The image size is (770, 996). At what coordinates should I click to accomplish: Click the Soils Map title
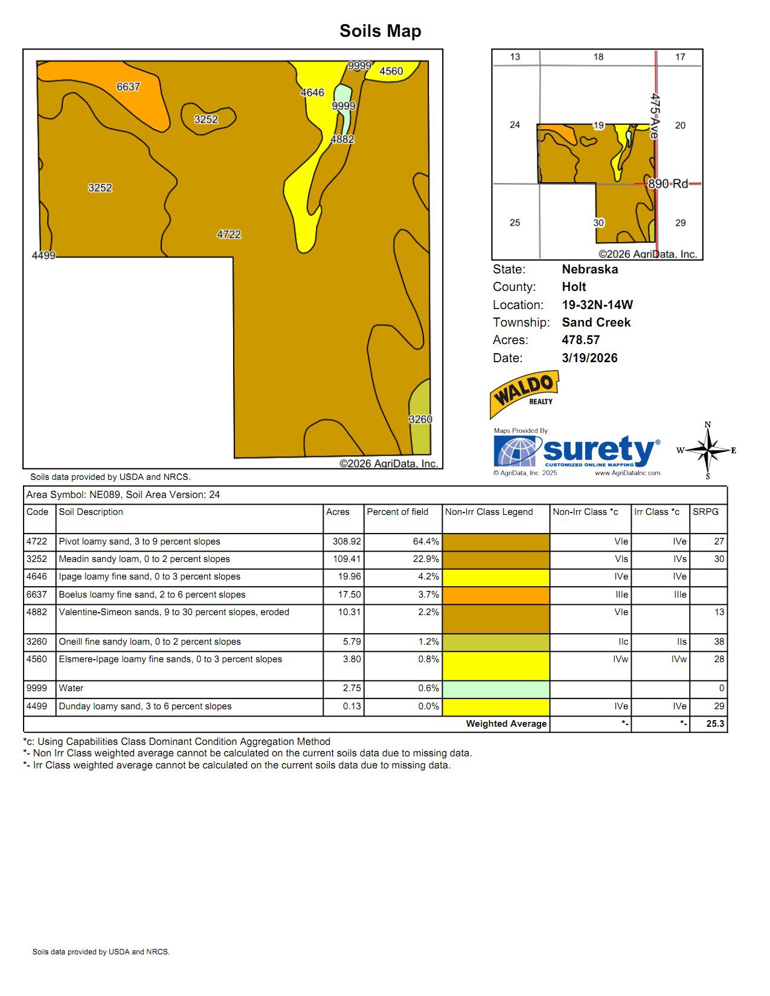380,31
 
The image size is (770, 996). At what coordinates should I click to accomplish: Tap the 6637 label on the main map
128,87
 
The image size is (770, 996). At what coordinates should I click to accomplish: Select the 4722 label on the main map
228,234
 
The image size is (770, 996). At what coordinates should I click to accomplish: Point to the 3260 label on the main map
420,419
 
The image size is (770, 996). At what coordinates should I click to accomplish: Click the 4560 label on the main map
391,71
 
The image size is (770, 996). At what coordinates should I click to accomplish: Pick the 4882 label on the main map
342,139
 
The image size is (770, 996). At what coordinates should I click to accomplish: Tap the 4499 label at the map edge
43,255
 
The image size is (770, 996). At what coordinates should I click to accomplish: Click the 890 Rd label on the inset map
668,184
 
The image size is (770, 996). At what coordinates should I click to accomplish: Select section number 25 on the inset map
515,223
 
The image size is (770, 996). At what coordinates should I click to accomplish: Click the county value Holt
574,287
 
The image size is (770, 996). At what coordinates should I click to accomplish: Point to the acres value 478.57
580,340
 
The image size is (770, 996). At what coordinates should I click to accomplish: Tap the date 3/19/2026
589,358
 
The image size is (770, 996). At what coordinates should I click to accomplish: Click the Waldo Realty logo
524,394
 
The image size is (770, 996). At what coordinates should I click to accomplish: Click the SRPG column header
705,512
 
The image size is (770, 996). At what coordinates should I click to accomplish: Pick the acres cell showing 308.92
347,541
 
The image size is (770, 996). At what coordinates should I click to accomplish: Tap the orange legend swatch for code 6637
496,595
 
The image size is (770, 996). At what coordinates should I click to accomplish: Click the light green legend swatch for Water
496,689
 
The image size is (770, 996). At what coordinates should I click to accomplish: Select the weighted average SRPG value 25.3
715,724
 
